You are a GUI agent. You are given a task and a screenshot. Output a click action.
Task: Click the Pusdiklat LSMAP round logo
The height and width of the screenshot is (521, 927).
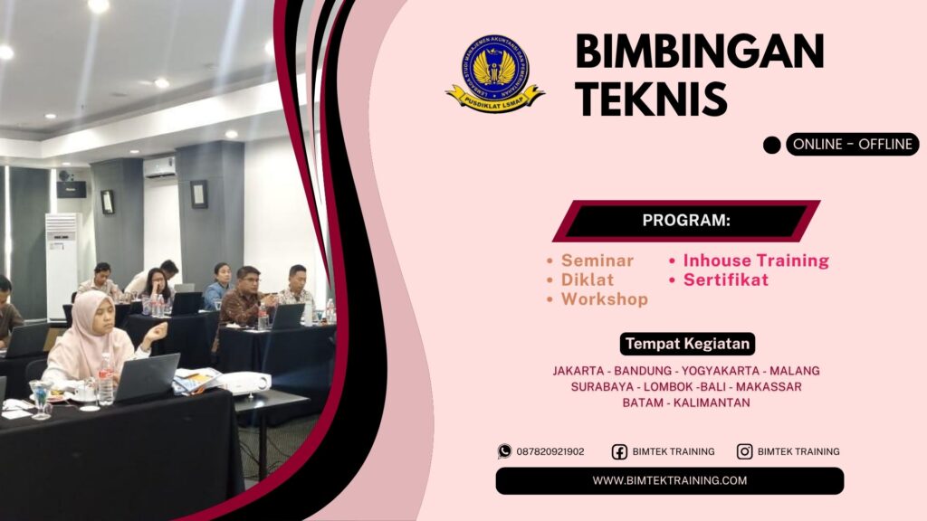494,72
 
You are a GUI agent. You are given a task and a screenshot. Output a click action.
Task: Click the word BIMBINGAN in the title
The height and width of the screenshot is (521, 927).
699,52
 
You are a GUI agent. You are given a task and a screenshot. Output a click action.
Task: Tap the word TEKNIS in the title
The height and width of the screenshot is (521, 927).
651,98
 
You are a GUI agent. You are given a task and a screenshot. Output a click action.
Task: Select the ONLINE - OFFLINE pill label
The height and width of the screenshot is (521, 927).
852,144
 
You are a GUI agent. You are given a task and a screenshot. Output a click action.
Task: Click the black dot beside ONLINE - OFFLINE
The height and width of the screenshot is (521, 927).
771,145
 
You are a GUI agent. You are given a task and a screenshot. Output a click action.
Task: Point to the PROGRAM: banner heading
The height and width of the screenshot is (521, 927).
686,221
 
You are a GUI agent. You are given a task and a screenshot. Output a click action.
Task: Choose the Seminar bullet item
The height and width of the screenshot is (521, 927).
597,260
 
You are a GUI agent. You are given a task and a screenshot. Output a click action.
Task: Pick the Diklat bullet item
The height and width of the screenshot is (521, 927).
587,279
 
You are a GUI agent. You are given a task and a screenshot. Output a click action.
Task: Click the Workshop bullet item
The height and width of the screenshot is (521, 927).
604,299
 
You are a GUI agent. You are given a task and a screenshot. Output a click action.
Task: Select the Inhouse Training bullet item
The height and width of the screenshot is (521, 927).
756,260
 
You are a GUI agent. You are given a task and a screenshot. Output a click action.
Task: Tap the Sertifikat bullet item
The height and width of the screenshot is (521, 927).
725,279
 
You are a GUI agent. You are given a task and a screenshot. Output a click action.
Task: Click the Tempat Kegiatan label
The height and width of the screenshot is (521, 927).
687,344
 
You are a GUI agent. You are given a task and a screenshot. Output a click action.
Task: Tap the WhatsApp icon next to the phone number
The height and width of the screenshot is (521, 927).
504,451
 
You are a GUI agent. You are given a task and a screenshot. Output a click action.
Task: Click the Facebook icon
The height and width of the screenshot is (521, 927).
619,451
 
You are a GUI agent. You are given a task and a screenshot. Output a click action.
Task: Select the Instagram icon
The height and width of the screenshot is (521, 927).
744,451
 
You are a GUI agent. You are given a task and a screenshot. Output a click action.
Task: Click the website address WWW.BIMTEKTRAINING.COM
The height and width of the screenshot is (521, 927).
670,480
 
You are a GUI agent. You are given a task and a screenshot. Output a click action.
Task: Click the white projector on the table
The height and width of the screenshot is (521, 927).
243,383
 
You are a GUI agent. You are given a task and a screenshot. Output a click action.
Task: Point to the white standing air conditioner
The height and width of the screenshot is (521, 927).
62,263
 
